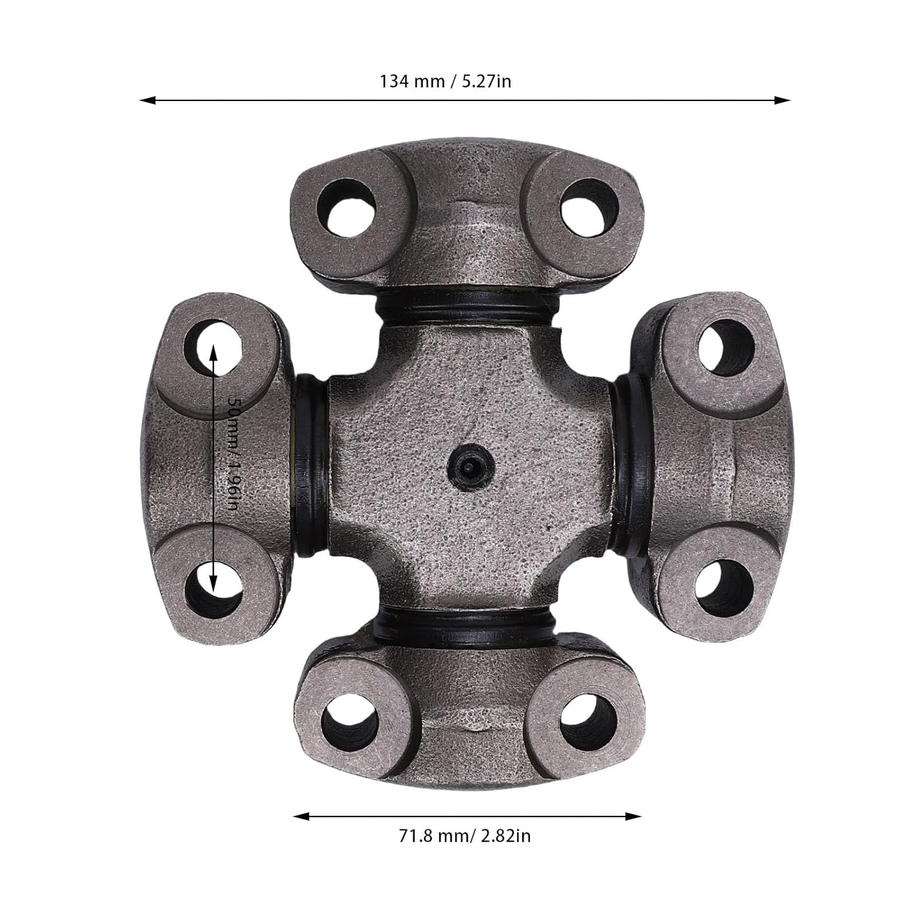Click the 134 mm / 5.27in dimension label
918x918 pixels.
click(x=446, y=81)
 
